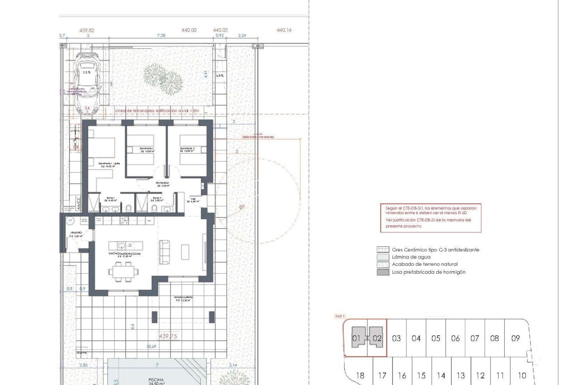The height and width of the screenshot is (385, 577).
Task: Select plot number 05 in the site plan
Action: pos(436,338)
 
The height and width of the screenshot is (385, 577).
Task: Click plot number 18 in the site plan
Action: pos(360,375)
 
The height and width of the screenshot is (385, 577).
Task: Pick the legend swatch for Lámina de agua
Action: pos(383,257)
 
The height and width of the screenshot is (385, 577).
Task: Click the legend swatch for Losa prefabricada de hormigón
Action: pos(383,272)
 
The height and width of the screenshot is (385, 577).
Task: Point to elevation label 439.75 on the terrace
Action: pos(168,336)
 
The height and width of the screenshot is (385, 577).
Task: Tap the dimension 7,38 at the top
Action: pos(161,35)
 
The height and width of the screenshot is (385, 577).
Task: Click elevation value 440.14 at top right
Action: pos(284,30)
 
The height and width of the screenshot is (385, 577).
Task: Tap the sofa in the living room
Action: pos(164,252)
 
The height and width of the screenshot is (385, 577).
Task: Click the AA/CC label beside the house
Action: pos(78,203)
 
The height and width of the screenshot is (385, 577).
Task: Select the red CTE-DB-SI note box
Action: pos(431,217)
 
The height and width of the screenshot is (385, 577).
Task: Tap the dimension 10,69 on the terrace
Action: pos(151,346)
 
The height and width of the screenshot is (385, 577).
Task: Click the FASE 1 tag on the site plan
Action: pos(340,316)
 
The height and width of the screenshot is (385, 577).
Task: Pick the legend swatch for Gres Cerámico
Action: pos(383,250)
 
